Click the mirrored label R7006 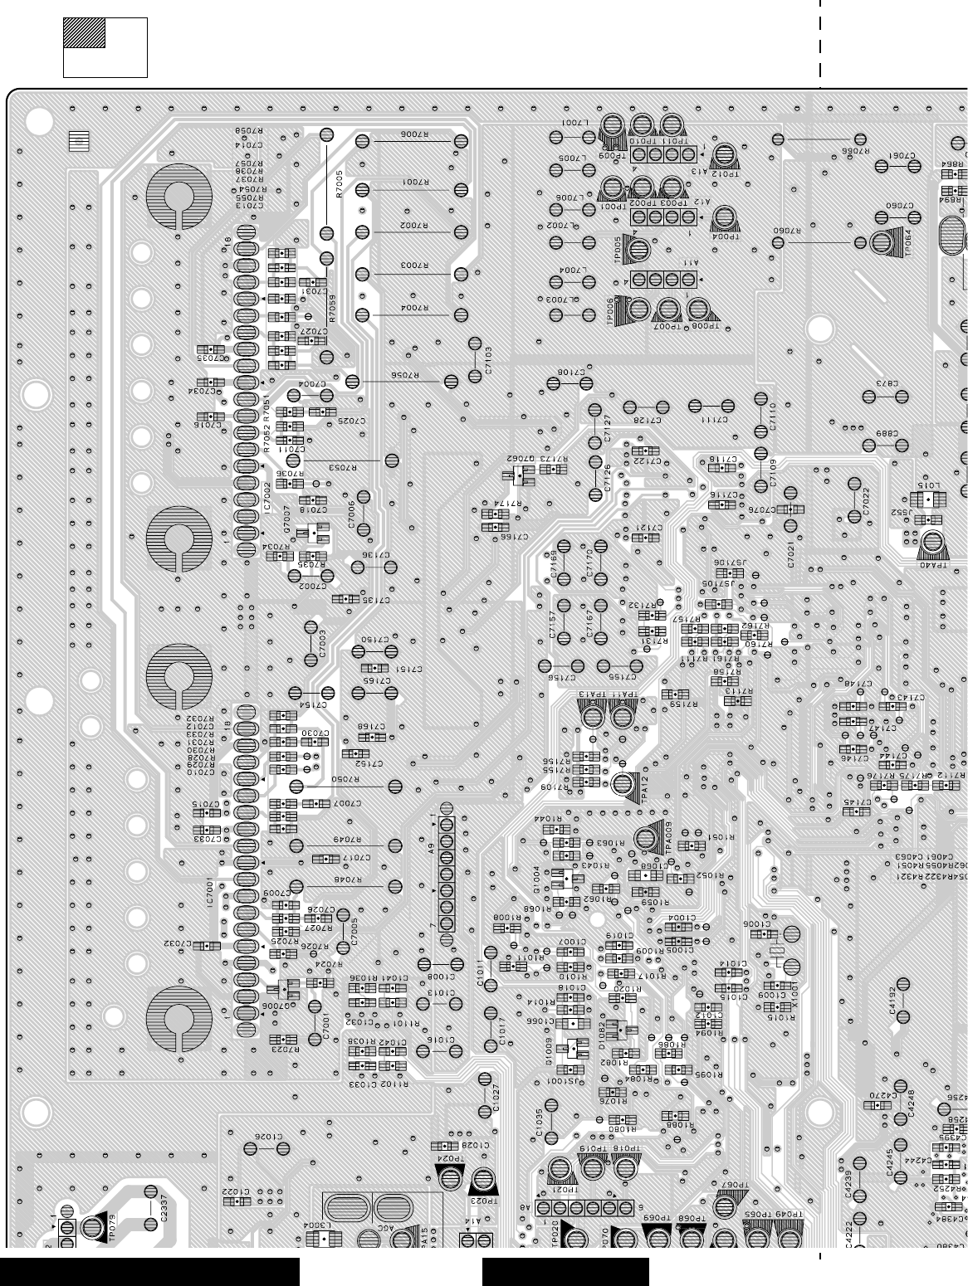click(x=413, y=134)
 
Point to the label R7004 click(x=413, y=308)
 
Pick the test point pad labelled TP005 click(x=638, y=247)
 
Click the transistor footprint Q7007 click(x=311, y=532)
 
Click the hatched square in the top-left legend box click(x=84, y=33)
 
